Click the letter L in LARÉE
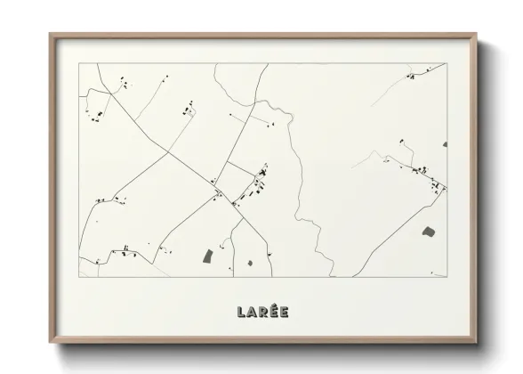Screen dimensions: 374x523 click(241, 312)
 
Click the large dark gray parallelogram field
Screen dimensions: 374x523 click(209, 256)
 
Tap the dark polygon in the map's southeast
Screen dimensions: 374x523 click(428, 232)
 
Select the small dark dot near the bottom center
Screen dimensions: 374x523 click(250, 263)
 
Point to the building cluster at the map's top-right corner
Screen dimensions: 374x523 click(411, 77)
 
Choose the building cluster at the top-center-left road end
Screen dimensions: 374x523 click(188, 110)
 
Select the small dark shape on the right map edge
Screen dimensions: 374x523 click(445, 144)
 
